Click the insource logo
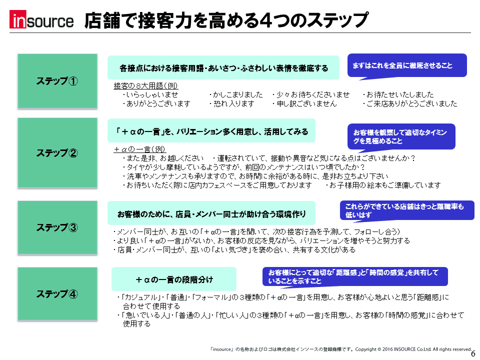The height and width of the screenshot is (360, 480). [41, 19]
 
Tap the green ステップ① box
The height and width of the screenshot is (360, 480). [57, 81]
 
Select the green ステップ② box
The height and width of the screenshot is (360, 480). [57, 153]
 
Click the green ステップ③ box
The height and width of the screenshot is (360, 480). [57, 227]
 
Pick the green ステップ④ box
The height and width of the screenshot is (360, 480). [57, 294]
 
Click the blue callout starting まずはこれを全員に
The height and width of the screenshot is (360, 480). [407, 66]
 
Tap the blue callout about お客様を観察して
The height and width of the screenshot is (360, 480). [401, 137]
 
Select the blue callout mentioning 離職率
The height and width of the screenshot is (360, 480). [407, 210]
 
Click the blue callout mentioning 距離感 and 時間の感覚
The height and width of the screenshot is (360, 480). [355, 276]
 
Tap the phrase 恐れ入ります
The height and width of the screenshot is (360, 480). [234, 104]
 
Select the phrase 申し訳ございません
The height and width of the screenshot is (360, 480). [306, 104]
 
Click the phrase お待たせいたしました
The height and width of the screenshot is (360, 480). [400, 94]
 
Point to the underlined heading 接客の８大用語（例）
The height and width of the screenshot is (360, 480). [145, 85]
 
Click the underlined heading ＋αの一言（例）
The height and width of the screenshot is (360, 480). [139, 149]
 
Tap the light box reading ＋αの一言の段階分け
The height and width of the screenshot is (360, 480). [174, 279]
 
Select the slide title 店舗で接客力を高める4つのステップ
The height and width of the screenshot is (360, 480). [226, 20]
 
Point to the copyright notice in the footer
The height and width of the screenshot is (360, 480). [341, 349]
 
